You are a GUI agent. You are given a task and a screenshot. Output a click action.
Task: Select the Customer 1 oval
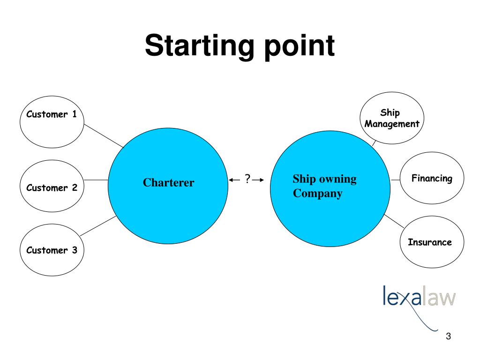pyautogui.click(x=52, y=120)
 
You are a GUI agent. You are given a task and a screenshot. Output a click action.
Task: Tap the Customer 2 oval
pyautogui.click(x=52, y=187)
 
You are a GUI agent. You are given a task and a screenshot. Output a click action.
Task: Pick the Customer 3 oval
pyautogui.click(x=52, y=250)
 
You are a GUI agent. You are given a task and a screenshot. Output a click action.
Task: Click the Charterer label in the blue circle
pyautogui.click(x=168, y=183)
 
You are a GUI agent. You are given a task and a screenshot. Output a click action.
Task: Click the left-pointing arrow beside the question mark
pyautogui.click(x=235, y=180)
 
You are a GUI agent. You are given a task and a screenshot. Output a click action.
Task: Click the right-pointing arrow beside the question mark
pyautogui.click(x=258, y=180)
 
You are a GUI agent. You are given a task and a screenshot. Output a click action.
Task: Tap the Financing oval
pyautogui.click(x=432, y=179)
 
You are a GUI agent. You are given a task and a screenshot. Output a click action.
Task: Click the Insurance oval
pyautogui.click(x=432, y=242)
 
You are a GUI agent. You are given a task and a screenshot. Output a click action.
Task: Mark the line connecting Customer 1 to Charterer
pyautogui.click(x=104, y=136)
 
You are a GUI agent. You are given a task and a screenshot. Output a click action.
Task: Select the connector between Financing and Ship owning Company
pyautogui.click(x=395, y=180)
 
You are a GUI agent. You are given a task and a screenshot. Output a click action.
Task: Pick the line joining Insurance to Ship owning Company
pyautogui.click(x=394, y=221)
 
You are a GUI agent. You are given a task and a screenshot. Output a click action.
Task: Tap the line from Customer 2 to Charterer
pyautogui.click(x=96, y=180)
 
